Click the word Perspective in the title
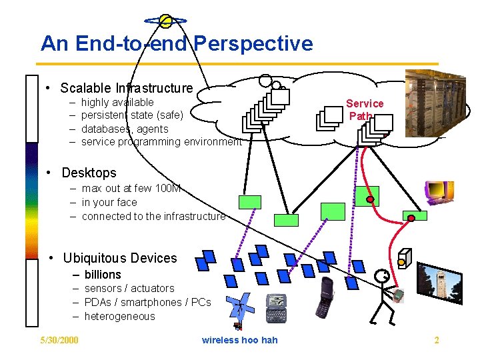253,44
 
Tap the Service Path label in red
364,109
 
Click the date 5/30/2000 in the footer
59,341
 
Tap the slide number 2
437,341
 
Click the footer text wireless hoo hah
239,341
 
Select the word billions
103,275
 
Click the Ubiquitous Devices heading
120,258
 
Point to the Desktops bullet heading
89,173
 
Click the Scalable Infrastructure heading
126,88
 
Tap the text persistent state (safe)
132,115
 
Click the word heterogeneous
119,317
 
